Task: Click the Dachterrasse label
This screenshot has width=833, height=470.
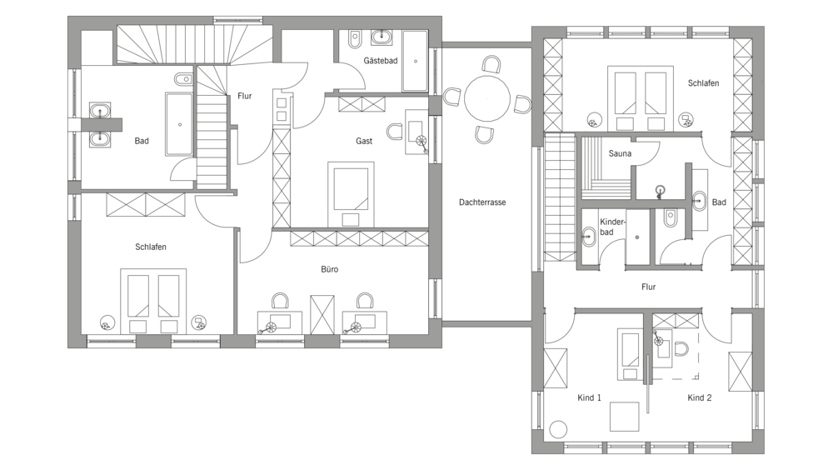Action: pos(482,202)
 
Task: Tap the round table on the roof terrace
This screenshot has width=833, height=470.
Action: pos(487,99)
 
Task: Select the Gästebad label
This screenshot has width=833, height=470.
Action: pos(381,61)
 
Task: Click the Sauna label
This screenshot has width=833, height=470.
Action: pos(620,153)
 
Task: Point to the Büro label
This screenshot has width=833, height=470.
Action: pos(329,269)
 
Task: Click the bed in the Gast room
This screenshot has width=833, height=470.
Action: pos(351,194)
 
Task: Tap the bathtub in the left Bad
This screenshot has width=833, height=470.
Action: pos(180,124)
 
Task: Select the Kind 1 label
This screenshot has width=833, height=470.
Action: pos(589,397)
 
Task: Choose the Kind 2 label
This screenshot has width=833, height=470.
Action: pos(699,397)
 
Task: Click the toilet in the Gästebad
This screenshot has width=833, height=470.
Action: pos(355,39)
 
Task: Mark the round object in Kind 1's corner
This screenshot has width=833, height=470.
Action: pos(558,429)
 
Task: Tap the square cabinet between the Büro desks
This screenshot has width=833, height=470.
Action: pos(322,315)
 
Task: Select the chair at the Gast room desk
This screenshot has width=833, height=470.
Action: pos(395,132)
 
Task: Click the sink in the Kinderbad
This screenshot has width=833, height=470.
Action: pos(589,237)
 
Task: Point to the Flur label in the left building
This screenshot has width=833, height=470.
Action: pos(244,96)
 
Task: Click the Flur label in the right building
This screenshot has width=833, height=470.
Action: pos(648,287)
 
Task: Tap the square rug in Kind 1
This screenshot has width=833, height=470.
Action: pos(624,417)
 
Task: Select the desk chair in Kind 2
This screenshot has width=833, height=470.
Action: pos(681,349)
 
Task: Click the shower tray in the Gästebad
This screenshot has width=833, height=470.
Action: pos(414,61)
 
